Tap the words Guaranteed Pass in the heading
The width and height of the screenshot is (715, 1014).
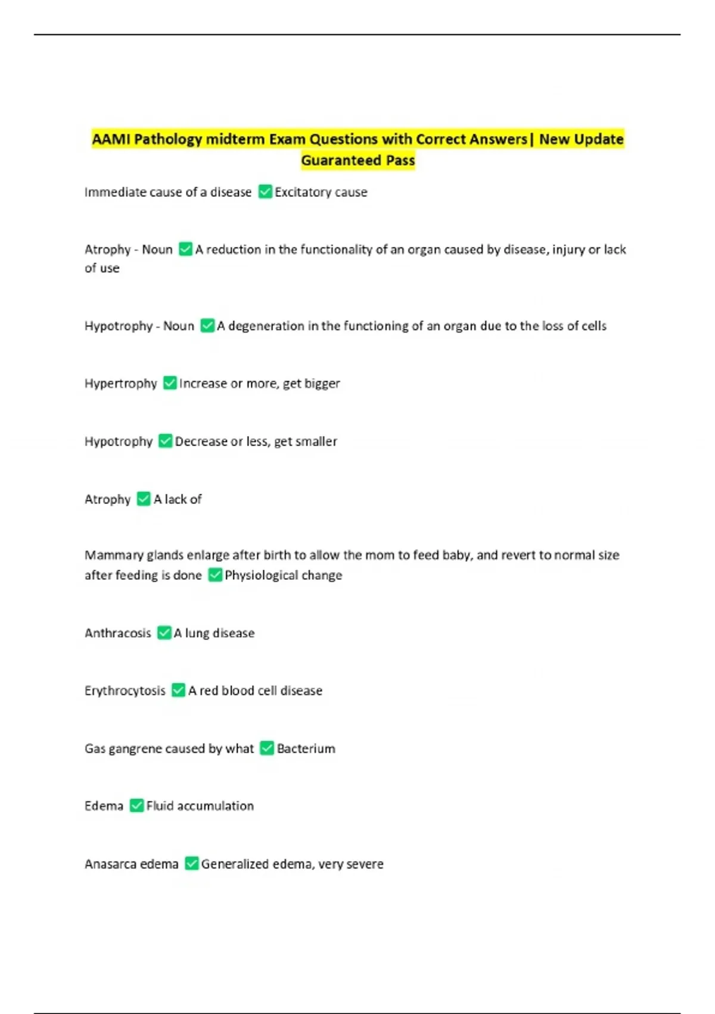pyautogui.click(x=357, y=160)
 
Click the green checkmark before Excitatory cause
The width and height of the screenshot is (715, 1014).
pyautogui.click(x=265, y=192)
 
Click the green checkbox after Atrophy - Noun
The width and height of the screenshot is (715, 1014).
pyautogui.click(x=186, y=249)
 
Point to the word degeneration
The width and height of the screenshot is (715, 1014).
pyautogui.click(x=266, y=326)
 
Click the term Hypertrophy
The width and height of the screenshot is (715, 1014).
pyautogui.click(x=121, y=384)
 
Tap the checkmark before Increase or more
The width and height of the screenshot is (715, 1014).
pyautogui.click(x=170, y=383)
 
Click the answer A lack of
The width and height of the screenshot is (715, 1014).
pyautogui.click(x=178, y=499)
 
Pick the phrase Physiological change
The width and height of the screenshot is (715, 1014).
pyautogui.click(x=284, y=576)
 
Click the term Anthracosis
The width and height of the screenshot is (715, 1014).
pyautogui.click(x=118, y=633)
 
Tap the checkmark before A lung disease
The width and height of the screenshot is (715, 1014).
pyautogui.click(x=164, y=633)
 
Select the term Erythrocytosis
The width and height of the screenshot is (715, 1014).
pyautogui.click(x=125, y=691)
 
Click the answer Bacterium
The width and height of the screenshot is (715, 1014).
pyautogui.click(x=306, y=749)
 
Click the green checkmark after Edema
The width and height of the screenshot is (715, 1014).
pyautogui.click(x=137, y=806)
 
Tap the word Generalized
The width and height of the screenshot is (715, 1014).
pyautogui.click(x=235, y=864)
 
